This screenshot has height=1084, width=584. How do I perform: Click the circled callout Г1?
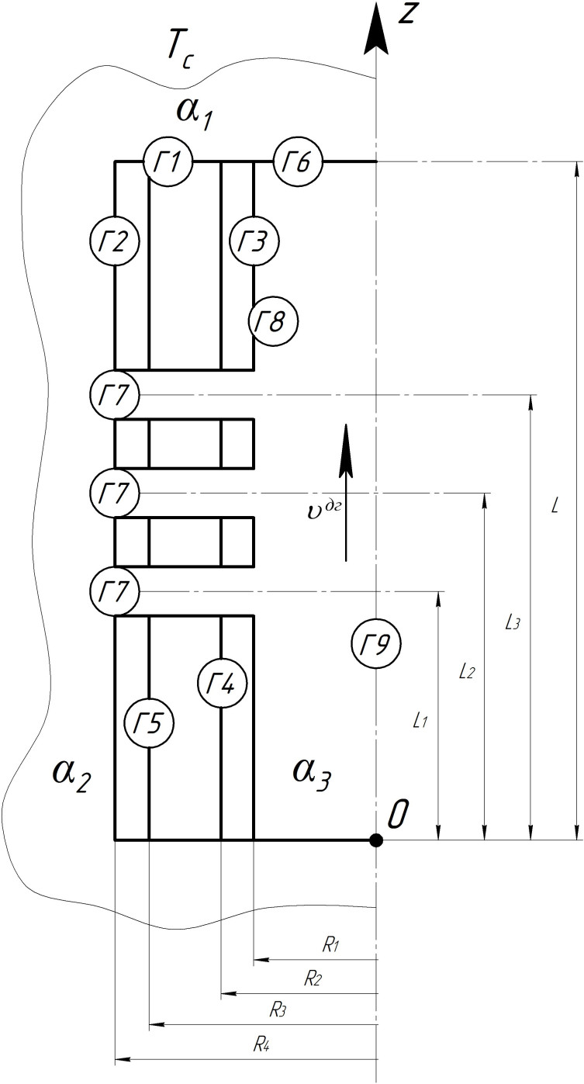pos(168,162)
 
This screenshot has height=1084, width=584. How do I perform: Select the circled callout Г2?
pos(114,242)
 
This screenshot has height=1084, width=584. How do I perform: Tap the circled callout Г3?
pos(254,242)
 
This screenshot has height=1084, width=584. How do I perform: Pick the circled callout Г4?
pos(222,683)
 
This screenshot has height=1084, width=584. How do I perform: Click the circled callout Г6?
pos(298,162)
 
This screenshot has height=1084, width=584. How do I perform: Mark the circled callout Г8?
pos(272,320)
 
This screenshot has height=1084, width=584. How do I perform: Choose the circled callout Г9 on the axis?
pos(376,642)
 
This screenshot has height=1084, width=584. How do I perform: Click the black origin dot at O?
pos(376,840)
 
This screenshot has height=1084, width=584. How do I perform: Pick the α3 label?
pos(311,773)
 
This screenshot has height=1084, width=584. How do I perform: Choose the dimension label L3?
pos(512,622)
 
